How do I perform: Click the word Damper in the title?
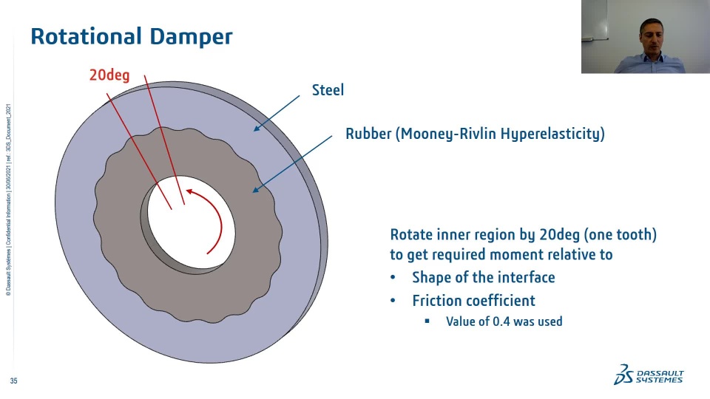[x=192, y=36]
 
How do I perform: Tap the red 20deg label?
[x=109, y=75]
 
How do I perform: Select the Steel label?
[x=328, y=90]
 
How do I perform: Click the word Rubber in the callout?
[x=368, y=134]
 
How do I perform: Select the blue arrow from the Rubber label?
[x=293, y=163]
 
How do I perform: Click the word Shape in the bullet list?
[x=430, y=277]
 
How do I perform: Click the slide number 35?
[x=13, y=381]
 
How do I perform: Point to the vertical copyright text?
[x=8, y=199]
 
